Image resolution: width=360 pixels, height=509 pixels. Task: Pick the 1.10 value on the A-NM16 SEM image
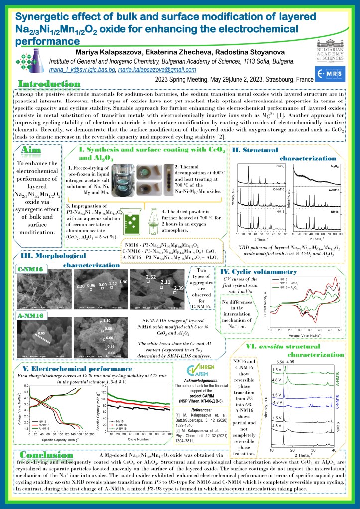click(106, 321)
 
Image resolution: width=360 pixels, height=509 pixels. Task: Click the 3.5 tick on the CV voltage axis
click(305, 330)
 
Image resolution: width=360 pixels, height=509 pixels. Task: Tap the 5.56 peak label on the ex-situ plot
click(279, 362)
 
